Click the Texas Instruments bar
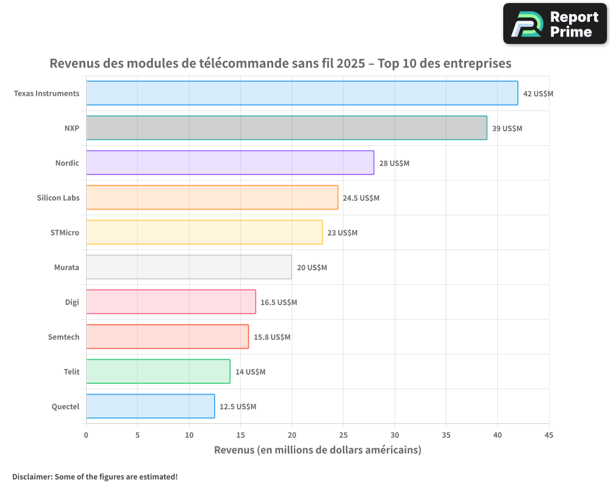click(x=302, y=93)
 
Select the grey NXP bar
click(x=287, y=128)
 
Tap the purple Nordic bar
click(x=230, y=163)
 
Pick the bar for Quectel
click(x=150, y=406)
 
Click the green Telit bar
click(x=158, y=371)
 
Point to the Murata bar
click(x=188, y=267)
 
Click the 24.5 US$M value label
click(x=361, y=198)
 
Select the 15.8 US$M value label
click(x=272, y=337)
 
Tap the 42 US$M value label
click(x=538, y=94)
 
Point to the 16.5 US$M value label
click(x=279, y=303)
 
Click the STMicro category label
click(x=65, y=232)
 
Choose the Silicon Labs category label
click(x=58, y=198)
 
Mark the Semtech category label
click(x=63, y=337)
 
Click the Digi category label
click(x=72, y=302)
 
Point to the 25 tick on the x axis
click(x=343, y=435)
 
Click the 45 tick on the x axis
click(x=549, y=435)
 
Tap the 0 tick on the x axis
click(x=86, y=435)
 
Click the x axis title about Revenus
click(x=317, y=450)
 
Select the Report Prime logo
click(x=555, y=24)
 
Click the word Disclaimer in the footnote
click(x=32, y=476)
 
